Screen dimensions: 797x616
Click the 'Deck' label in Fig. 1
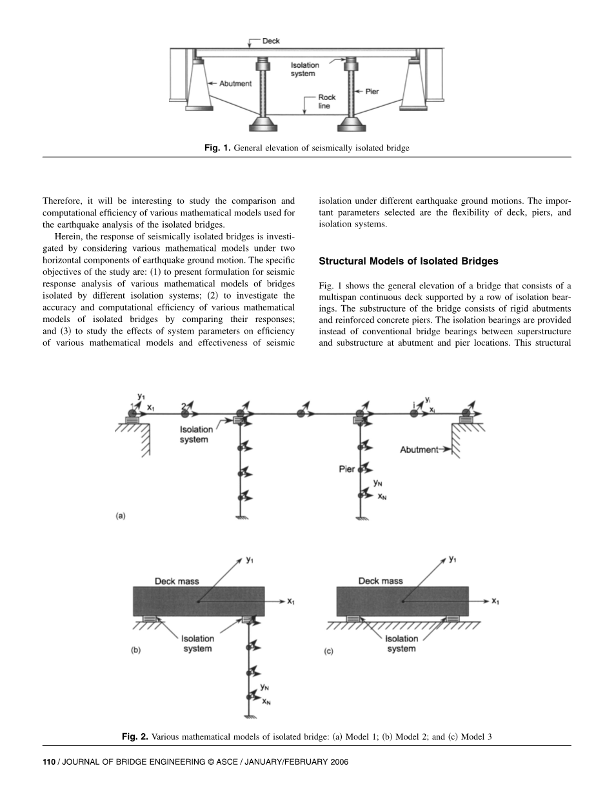[271, 41]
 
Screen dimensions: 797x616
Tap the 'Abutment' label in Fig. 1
[235, 84]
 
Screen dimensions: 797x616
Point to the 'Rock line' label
[327, 101]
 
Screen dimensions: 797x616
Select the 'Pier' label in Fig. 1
[372, 92]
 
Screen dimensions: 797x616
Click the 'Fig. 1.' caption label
[217, 148]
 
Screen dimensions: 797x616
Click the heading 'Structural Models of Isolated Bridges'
[408, 261]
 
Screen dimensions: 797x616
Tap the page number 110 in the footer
[49, 762]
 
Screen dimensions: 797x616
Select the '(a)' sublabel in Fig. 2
[120, 516]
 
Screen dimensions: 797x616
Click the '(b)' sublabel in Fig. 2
[135, 651]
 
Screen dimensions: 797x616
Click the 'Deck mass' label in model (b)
[177, 581]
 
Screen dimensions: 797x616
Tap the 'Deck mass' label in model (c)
[381, 581]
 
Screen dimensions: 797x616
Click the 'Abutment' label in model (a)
[419, 449]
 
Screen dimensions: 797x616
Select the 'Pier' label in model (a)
[347, 469]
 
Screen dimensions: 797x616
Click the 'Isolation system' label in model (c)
[401, 643]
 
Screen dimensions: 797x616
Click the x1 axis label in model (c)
[495, 601]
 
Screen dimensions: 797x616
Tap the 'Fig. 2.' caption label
[135, 736]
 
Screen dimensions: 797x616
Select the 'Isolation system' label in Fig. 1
[304, 70]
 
